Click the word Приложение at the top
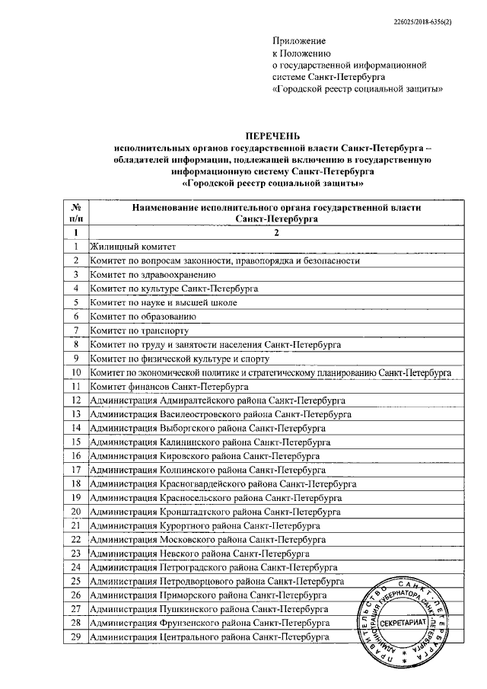pos(299,40)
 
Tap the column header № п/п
pos(75,212)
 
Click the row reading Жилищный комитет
pos(132,247)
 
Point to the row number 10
pos(75,372)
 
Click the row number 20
pos(75,512)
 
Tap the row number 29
pos(75,636)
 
